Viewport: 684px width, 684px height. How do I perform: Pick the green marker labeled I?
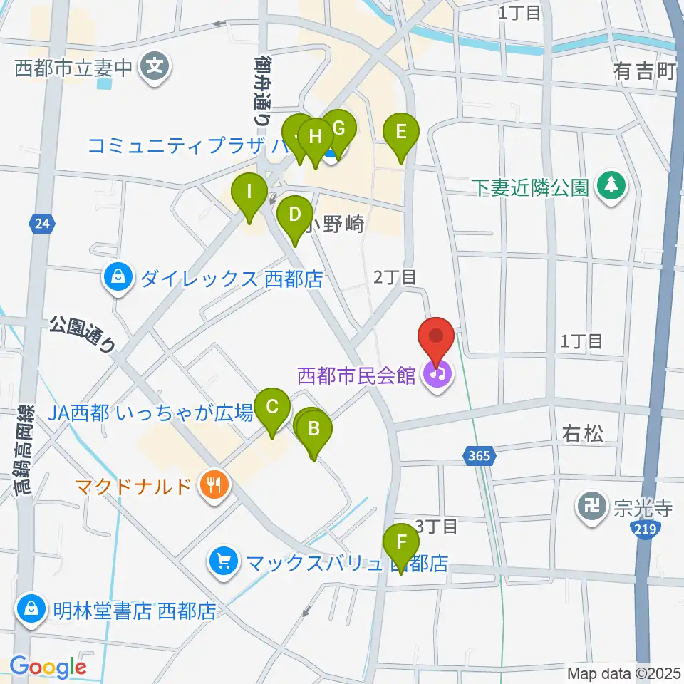click(249, 193)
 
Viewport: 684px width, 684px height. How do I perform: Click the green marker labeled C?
click(272, 409)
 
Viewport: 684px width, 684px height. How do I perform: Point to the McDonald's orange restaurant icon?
click(214, 487)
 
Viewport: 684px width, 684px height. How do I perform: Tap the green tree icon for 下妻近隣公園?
click(611, 187)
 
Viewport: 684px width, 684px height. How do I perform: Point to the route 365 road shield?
click(480, 455)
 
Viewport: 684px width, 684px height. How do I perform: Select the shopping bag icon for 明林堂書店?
click(31, 610)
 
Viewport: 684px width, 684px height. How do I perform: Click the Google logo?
click(48, 667)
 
